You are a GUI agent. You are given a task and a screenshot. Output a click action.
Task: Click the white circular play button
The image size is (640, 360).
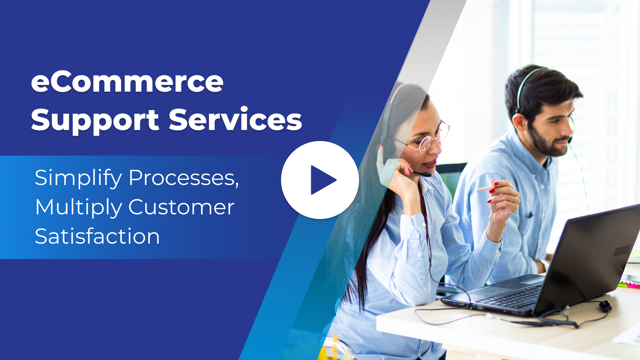(320, 180)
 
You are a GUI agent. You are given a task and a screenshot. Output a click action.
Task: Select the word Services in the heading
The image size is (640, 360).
(235, 119)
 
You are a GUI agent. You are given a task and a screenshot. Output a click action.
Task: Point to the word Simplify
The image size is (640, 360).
(78, 178)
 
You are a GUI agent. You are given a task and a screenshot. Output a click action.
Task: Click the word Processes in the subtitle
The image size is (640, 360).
(184, 178)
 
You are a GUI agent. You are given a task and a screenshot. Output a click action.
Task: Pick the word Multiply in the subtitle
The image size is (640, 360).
(79, 208)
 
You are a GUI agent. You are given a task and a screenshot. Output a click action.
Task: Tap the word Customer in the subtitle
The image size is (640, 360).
(181, 207)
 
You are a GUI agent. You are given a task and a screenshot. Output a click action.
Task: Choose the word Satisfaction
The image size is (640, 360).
(97, 236)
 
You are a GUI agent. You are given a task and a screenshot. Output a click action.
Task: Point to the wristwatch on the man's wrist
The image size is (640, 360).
(545, 265)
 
